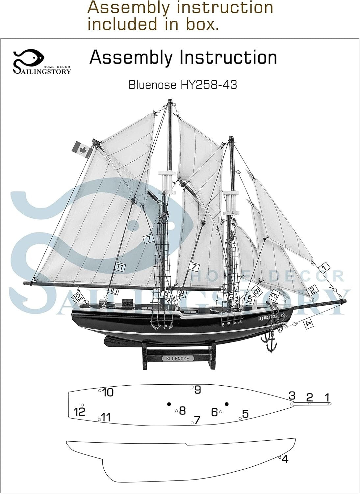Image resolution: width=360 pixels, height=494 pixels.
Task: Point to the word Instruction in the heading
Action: click(x=228, y=57)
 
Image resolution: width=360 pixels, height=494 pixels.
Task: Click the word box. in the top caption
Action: click(x=202, y=24)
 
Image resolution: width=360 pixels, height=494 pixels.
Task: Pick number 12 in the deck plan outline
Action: click(x=80, y=412)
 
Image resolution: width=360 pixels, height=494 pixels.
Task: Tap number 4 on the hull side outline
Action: click(x=285, y=459)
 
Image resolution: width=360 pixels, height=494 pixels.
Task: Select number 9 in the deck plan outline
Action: click(x=197, y=390)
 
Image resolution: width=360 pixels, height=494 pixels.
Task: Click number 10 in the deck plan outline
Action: click(x=108, y=392)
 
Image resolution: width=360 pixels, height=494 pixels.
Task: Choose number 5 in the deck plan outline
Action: click(x=245, y=413)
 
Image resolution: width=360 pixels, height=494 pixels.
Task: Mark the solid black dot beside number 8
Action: click(x=169, y=404)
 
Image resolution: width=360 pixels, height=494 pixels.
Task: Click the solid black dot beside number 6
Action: click(x=226, y=404)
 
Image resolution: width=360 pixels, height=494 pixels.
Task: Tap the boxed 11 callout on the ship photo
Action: click(x=120, y=268)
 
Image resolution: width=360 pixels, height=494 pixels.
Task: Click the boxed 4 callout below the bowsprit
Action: click(x=307, y=323)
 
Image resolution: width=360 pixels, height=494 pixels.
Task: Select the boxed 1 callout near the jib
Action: click(x=324, y=267)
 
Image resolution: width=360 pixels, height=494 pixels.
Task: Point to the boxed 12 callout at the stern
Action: click(x=78, y=298)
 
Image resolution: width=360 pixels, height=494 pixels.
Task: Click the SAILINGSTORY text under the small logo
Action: click(x=42, y=71)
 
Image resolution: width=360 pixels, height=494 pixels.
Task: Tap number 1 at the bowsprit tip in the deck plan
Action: click(x=327, y=397)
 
